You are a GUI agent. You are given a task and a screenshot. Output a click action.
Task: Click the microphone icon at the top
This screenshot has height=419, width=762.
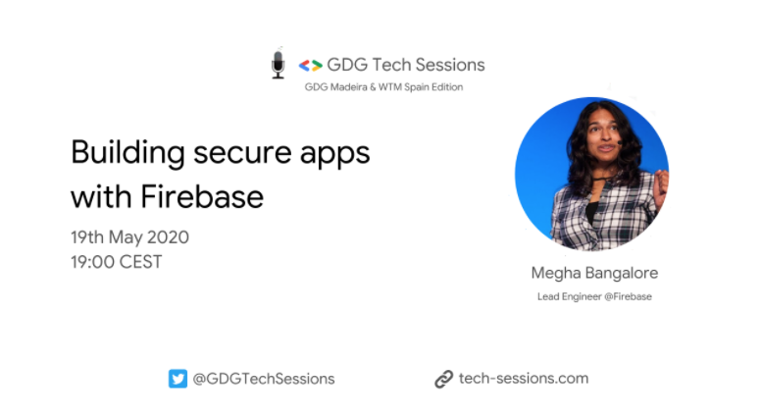point(278,64)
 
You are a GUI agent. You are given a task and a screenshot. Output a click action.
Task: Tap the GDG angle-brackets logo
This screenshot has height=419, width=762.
point(310,66)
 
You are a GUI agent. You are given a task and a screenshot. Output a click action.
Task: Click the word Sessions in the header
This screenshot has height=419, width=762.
point(449,65)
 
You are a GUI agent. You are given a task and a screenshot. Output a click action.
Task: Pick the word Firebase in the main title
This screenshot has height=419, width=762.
point(207,196)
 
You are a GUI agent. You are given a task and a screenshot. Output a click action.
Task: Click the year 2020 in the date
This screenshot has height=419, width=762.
point(168,237)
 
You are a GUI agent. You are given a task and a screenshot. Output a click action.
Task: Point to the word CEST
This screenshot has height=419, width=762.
point(139,262)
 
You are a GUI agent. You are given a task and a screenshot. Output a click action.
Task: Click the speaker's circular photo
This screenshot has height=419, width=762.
point(591,174)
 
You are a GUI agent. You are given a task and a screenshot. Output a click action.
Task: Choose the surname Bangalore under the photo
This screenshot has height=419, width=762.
point(620,273)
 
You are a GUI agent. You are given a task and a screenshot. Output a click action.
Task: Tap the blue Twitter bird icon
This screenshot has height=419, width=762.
point(178,379)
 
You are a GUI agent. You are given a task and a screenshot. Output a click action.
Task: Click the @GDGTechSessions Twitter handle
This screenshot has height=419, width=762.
point(264,379)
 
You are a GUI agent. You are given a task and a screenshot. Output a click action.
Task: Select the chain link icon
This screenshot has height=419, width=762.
point(443,380)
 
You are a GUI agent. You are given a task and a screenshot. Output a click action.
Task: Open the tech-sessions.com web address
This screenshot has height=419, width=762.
point(524,379)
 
